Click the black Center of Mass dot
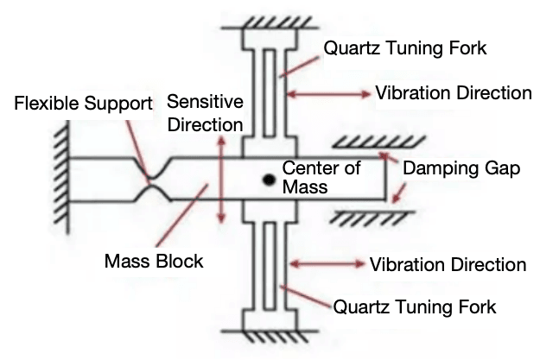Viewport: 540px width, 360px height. (x=270, y=180)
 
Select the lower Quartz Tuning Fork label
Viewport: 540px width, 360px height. (x=414, y=306)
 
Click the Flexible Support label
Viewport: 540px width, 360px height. (x=84, y=104)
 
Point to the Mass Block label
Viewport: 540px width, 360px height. (x=154, y=260)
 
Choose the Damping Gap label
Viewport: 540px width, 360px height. (x=467, y=169)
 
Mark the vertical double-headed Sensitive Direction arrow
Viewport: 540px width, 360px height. (x=223, y=180)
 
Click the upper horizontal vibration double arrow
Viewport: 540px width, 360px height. (x=328, y=92)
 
